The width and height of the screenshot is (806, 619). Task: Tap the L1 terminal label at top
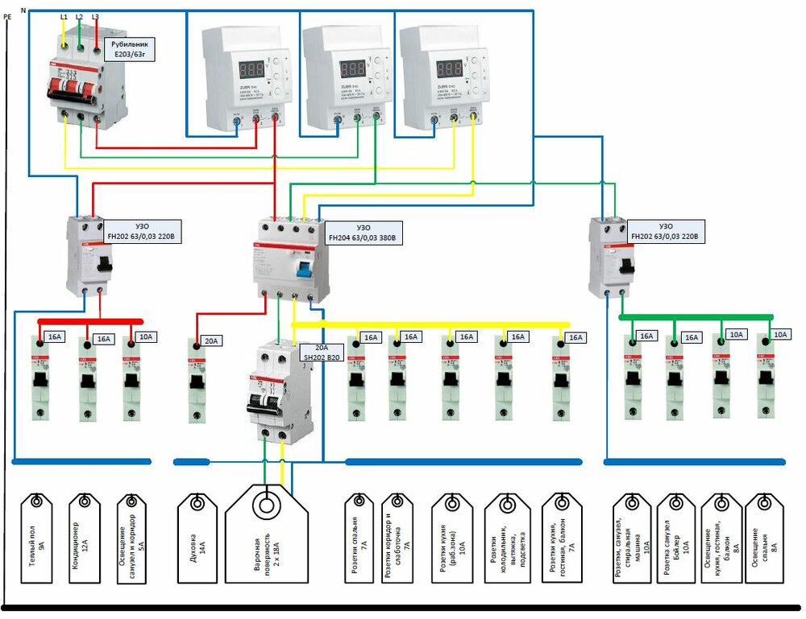pos(64,16)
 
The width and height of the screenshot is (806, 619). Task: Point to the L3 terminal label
pos(96,16)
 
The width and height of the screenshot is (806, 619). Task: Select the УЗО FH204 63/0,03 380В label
pos(362,233)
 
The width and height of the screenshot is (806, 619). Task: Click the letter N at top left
pos(22,9)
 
